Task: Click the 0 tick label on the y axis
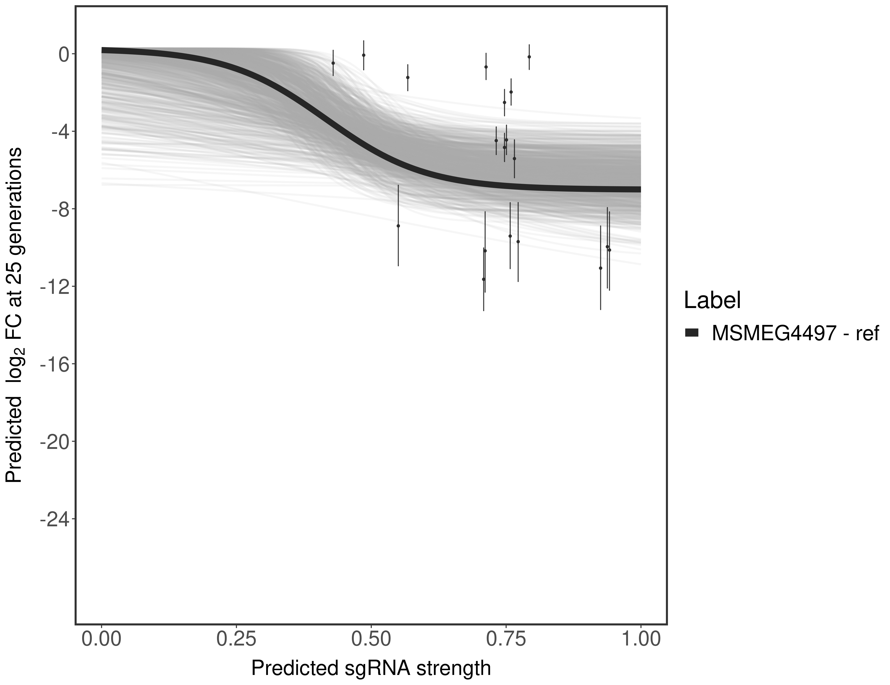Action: click(63, 55)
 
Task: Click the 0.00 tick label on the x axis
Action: click(102, 638)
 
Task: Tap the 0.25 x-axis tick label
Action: click(236, 638)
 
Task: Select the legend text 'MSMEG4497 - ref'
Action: click(795, 333)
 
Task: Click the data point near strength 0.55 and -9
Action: click(398, 226)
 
